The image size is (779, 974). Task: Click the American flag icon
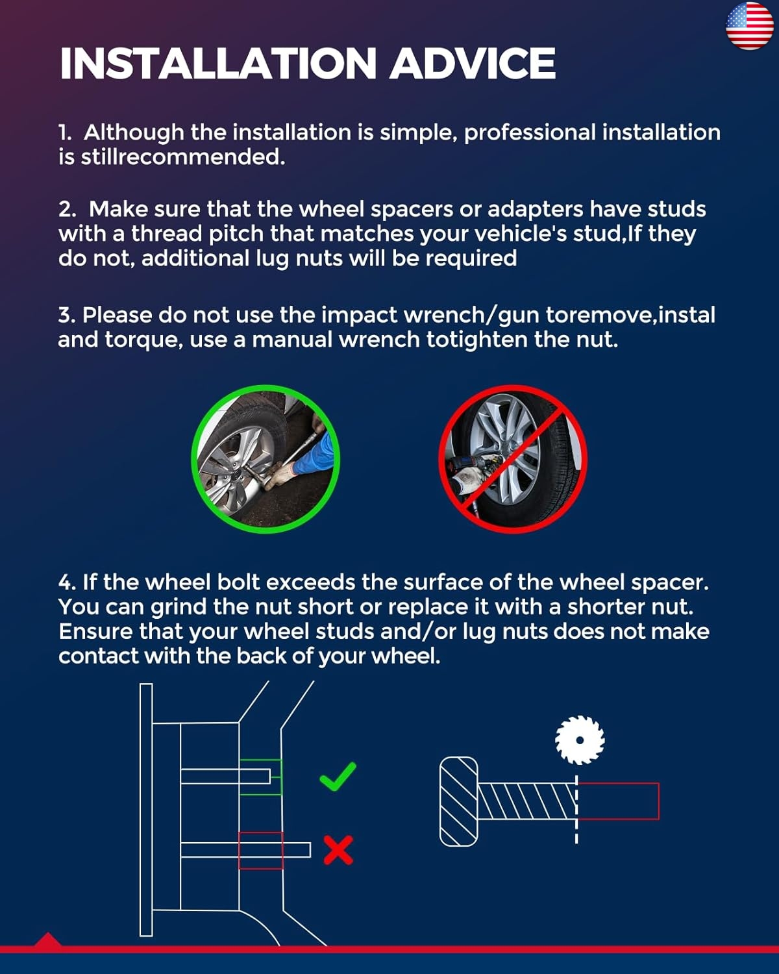pos(750,26)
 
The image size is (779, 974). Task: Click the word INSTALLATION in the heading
pos(217,63)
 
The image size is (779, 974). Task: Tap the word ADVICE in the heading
pos(473,63)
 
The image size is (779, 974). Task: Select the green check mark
pos(338,776)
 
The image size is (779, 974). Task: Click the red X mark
pos(338,850)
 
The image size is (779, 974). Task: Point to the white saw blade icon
pos(580,740)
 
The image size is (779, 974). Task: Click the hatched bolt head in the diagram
pos(458,801)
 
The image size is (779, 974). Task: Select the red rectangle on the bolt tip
pos(617,801)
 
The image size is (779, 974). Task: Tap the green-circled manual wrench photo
pos(266,459)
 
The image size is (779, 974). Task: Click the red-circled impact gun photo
pos(513,459)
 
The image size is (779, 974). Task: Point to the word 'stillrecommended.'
pos(183,158)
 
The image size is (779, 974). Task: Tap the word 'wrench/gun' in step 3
pos(471,316)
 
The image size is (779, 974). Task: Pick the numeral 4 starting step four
pos(66,582)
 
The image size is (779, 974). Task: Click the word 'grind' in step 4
pos(179,608)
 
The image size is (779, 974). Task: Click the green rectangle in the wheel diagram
pos(260,777)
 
